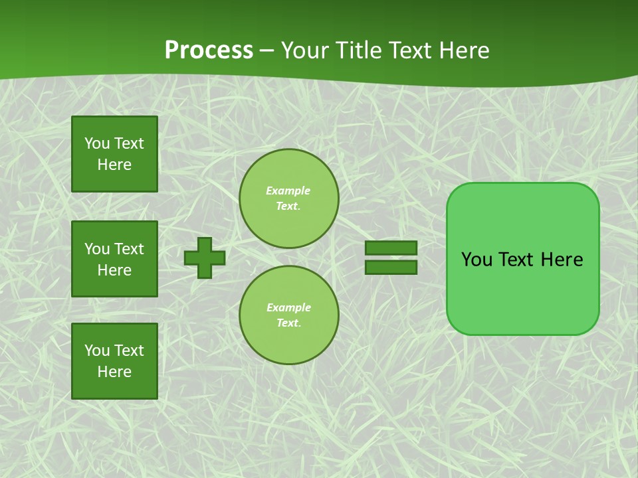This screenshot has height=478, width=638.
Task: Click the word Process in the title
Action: click(209, 50)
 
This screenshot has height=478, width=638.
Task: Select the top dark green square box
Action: click(114, 154)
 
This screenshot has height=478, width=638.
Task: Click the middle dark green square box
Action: click(114, 259)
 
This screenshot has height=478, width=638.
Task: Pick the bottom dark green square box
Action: click(114, 360)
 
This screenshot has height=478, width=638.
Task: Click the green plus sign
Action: click(205, 258)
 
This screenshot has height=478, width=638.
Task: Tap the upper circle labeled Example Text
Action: click(288, 199)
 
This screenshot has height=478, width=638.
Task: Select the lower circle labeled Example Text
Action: click(288, 315)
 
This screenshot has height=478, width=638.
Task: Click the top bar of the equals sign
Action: click(391, 248)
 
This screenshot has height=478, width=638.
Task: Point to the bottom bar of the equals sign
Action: click(391, 268)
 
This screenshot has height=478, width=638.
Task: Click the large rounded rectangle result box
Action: click(522, 292)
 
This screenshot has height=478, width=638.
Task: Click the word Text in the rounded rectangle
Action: click(517, 260)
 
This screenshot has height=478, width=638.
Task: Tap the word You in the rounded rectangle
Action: click(476, 260)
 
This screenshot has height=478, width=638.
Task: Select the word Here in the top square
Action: click(114, 165)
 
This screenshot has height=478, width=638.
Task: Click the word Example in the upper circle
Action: click(288, 191)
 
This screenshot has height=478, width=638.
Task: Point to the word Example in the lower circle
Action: click(288, 307)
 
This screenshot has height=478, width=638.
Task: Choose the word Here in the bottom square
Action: click(114, 372)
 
